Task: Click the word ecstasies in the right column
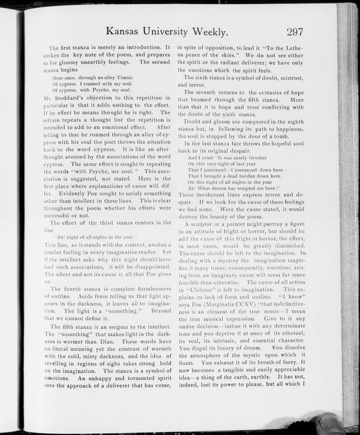259,94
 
